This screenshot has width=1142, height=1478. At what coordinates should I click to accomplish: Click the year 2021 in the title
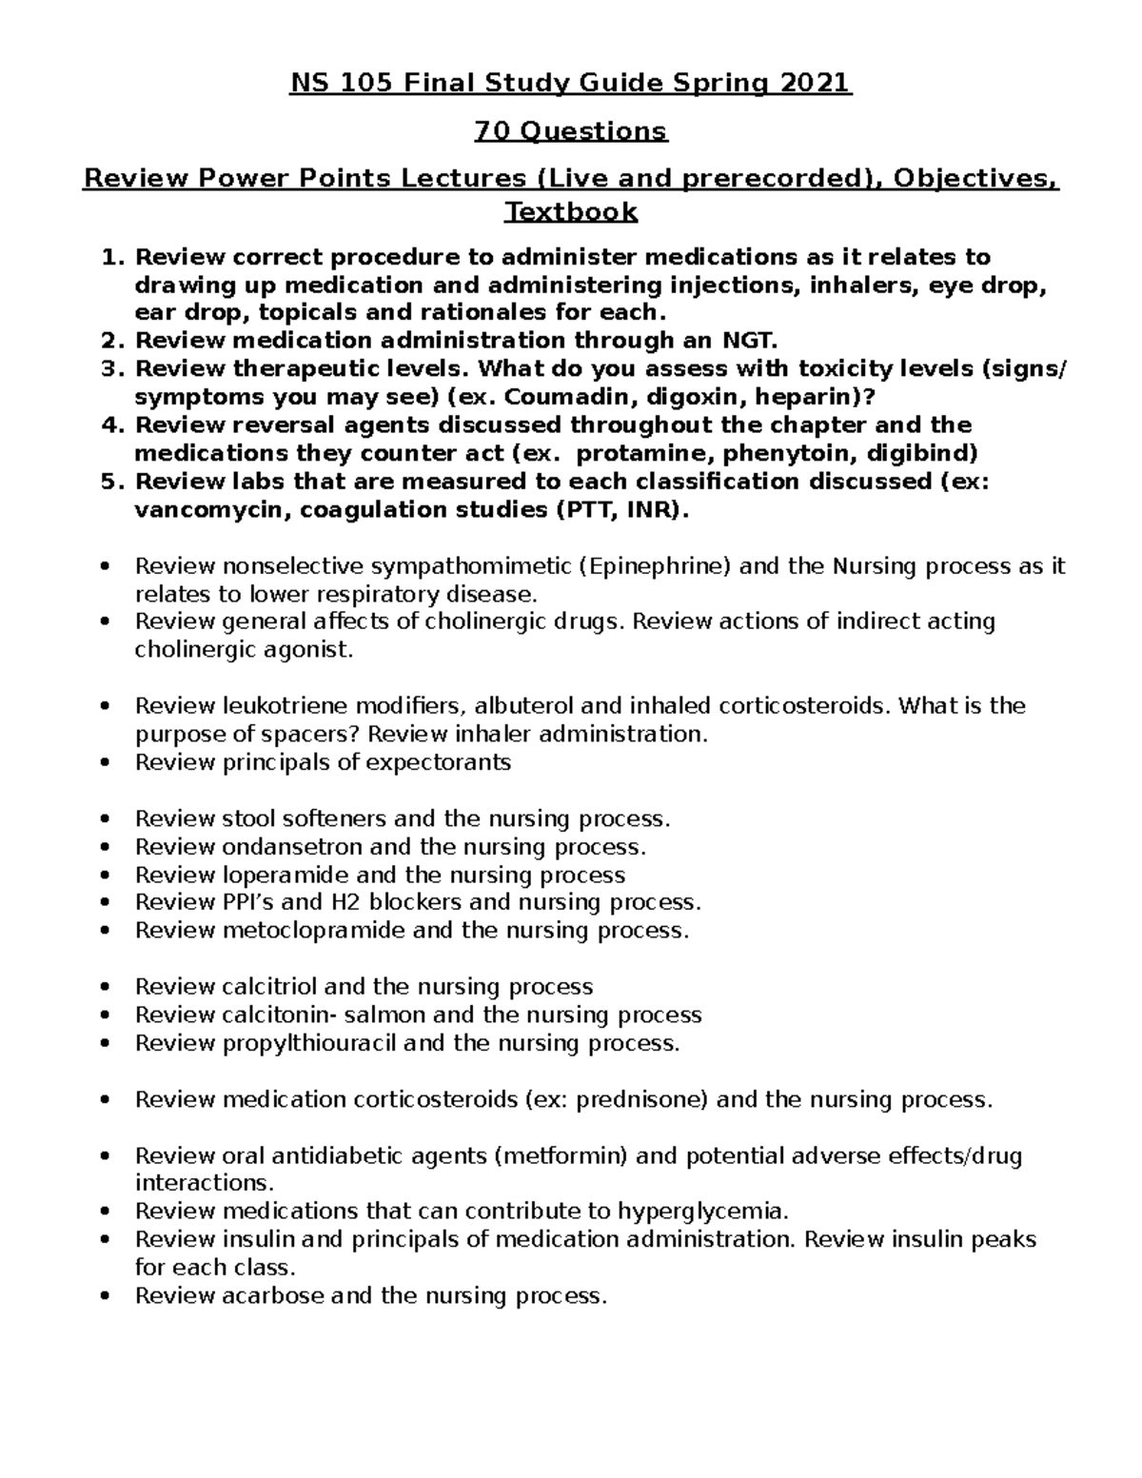(x=816, y=84)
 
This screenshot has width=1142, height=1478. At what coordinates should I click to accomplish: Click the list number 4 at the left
(x=109, y=425)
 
